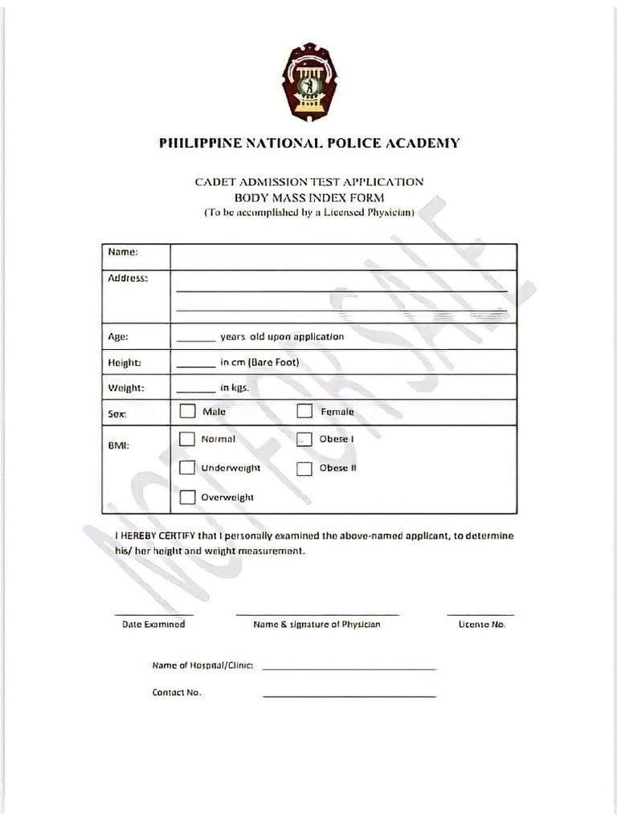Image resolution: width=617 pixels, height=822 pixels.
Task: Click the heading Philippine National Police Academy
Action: coord(309,144)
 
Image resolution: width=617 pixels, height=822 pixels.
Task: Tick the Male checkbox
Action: coord(187,412)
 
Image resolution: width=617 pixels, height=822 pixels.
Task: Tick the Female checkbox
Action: coord(304,412)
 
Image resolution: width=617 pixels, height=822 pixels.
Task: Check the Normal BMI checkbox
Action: coord(187,439)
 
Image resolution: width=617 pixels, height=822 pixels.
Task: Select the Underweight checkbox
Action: coord(187,467)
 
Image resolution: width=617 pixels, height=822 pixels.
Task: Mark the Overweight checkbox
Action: coord(187,497)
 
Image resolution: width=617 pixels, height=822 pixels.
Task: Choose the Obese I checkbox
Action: coord(304,439)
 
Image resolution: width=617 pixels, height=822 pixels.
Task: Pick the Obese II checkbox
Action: coord(304,468)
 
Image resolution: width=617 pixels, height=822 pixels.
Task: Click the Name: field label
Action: coord(123,252)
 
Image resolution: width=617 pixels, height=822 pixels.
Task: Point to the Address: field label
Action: coord(128,278)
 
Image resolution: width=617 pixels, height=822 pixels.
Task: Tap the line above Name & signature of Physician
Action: coord(317,614)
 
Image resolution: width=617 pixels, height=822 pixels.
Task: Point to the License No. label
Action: coord(481,625)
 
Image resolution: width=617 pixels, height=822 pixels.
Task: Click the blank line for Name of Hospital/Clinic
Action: coord(349,669)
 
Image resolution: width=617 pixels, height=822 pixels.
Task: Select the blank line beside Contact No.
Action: coord(349,696)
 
